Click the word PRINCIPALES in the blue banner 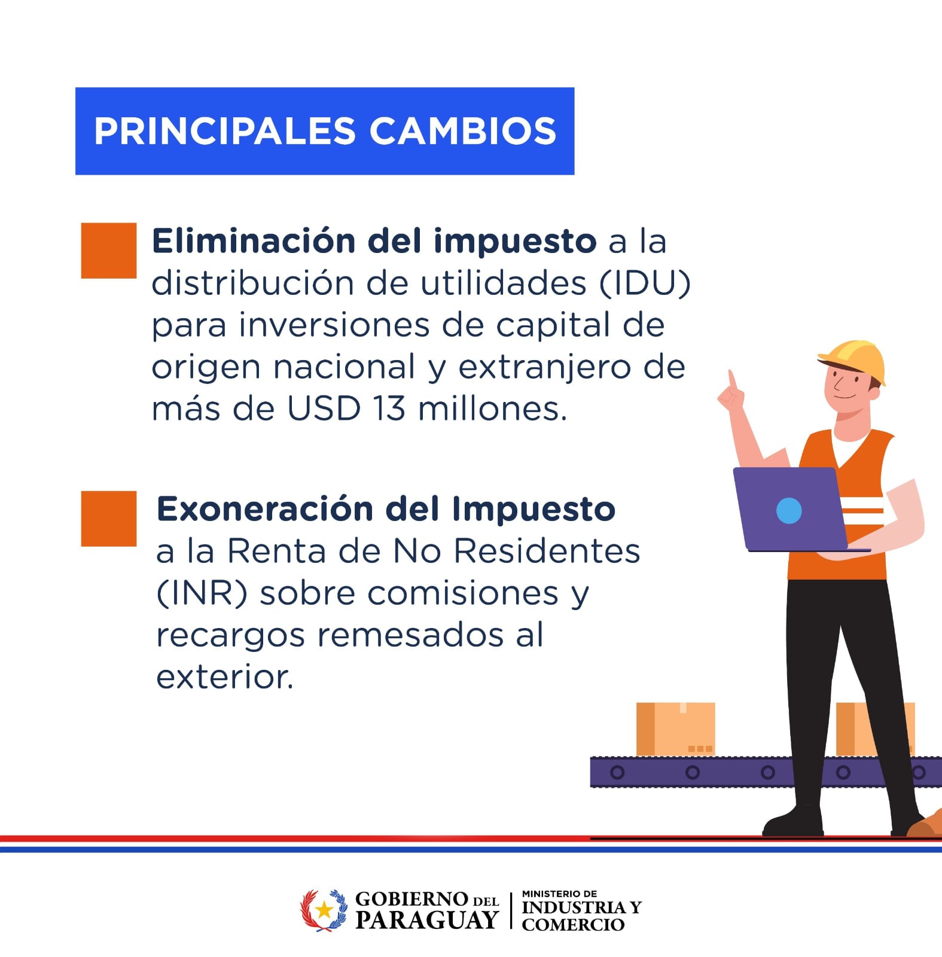(225, 131)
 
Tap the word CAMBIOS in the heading (463, 131)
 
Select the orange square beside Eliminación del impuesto (109, 251)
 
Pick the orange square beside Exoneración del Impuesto (109, 519)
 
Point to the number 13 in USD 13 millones (389, 409)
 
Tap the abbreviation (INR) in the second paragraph (202, 594)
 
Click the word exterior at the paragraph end (225, 678)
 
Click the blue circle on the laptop (789, 511)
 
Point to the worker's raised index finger (731, 380)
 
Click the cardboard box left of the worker (676, 729)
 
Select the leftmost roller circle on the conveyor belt (617, 772)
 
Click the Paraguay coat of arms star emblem (324, 910)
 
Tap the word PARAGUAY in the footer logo (426, 920)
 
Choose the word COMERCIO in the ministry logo (573, 925)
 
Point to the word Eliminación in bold (254, 241)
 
